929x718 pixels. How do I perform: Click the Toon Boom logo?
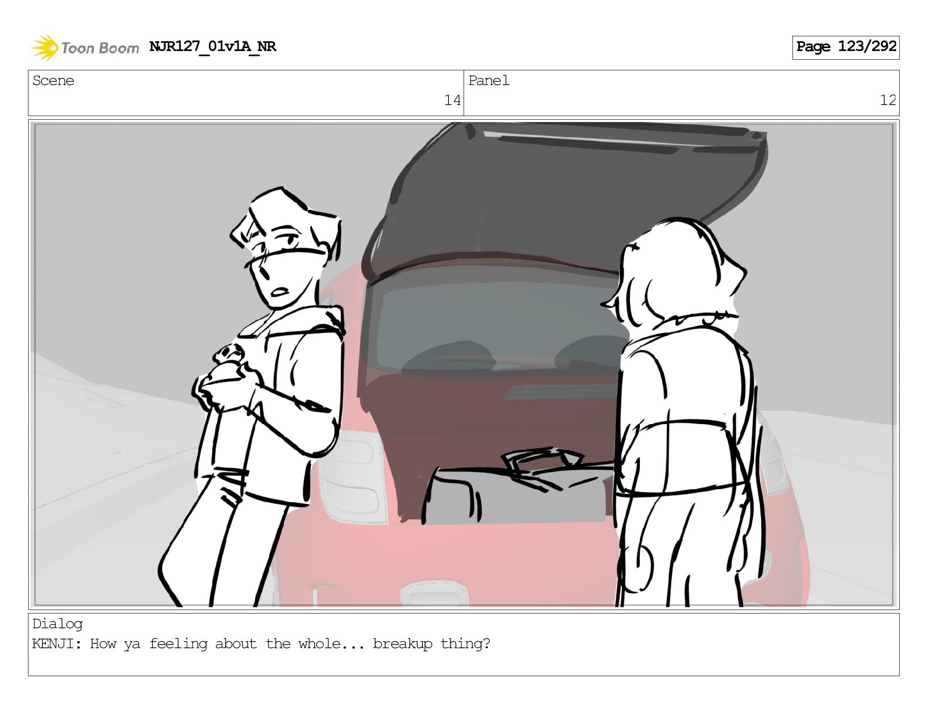click(85, 48)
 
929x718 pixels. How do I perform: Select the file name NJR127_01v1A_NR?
click(212, 46)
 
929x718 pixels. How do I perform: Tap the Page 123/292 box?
click(845, 48)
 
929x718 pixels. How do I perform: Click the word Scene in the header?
click(53, 80)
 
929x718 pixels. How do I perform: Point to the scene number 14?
click(452, 100)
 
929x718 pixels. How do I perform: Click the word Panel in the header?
click(489, 80)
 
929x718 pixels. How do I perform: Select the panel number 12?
click(888, 100)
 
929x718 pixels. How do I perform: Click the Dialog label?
click(57, 624)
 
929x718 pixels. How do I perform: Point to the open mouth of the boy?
click(280, 292)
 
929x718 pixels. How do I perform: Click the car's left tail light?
click(351, 475)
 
